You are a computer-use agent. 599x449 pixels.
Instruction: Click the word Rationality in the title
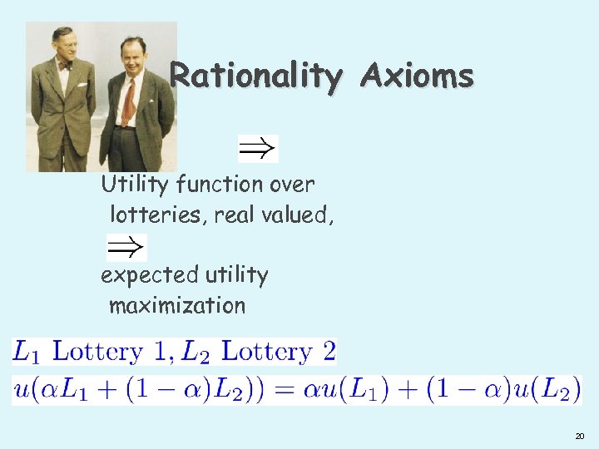(255, 76)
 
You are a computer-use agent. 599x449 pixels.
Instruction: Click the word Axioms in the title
(418, 76)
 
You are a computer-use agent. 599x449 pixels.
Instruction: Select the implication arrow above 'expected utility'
(126, 247)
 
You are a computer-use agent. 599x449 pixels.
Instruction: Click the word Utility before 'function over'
(128, 184)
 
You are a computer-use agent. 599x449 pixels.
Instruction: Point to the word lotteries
(157, 215)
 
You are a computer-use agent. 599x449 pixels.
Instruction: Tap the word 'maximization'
(177, 305)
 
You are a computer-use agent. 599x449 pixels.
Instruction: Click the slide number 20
(579, 436)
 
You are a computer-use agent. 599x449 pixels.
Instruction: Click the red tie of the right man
(129, 103)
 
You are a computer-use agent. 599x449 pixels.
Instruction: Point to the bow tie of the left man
(65, 65)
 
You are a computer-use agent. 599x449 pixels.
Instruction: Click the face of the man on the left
(65, 45)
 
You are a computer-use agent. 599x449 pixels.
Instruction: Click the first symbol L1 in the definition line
(27, 351)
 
